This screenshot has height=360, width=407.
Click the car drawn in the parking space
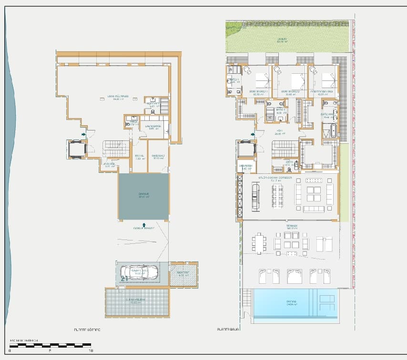tap(139, 273)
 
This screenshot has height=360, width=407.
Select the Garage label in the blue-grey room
tap(143, 195)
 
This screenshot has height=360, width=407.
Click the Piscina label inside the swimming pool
tap(292, 302)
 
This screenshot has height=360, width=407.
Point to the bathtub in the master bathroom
tap(330, 130)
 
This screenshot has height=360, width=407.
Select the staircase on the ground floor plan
tap(285, 150)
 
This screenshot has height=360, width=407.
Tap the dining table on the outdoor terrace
tap(260, 243)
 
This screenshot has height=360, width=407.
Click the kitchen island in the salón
tap(255, 195)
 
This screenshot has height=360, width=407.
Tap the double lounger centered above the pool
tap(294, 276)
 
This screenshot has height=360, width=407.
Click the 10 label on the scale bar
tap(91, 350)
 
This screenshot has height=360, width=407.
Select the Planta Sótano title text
tap(87, 329)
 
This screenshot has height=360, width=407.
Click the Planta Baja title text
tap(227, 329)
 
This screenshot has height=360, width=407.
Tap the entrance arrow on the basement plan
tap(84, 135)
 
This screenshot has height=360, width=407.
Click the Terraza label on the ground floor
tap(292, 227)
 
